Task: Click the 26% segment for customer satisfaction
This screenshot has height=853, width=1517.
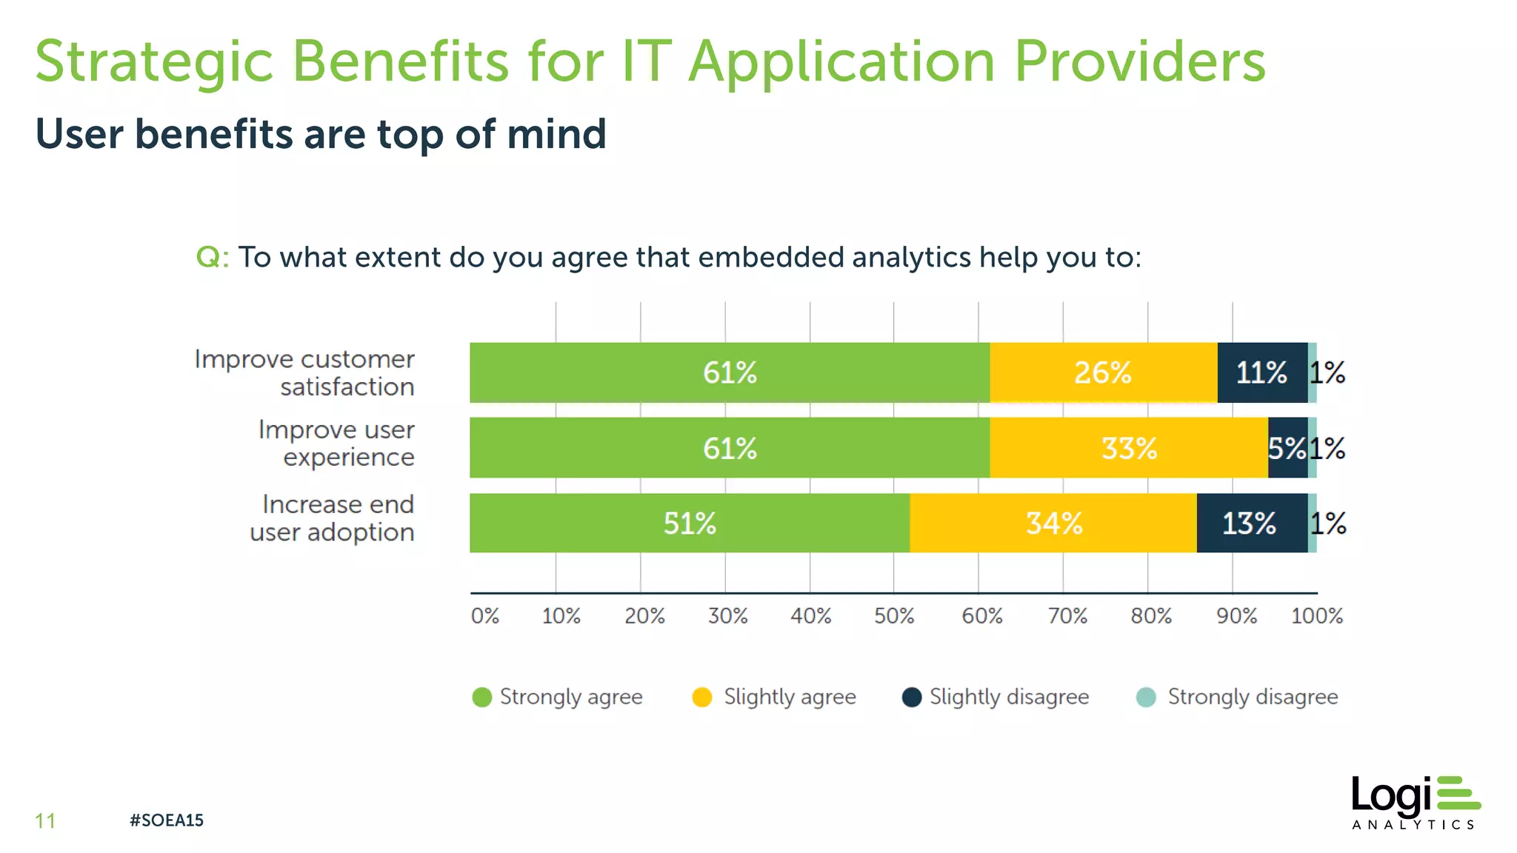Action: pos(1103,372)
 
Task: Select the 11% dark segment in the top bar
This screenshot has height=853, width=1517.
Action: pos(1261,372)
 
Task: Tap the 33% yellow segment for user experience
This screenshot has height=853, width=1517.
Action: pos(1128,448)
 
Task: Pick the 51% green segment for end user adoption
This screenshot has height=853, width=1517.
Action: pos(690,523)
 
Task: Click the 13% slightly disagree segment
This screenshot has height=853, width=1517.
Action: pos(1250,523)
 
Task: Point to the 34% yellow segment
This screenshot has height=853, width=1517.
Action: pos(1053,523)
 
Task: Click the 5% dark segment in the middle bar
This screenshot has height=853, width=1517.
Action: pos(1287,448)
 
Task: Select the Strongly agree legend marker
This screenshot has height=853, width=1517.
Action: pos(482,698)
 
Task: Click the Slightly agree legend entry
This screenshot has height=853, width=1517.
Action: pos(774,698)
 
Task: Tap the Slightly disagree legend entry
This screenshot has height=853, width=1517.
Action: pos(996,698)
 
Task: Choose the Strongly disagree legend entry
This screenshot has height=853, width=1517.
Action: pos(1237,698)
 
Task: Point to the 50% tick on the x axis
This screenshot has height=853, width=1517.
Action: pos(894,616)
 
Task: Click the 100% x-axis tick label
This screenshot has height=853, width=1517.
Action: pos(1316,616)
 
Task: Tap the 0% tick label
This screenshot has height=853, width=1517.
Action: pos(485,616)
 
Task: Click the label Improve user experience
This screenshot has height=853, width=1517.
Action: pos(337,444)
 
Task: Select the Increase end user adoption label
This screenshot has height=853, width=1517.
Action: pos(333,518)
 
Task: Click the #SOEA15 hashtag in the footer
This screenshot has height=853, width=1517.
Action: pos(167,820)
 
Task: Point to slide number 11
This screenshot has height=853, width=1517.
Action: pos(45,820)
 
